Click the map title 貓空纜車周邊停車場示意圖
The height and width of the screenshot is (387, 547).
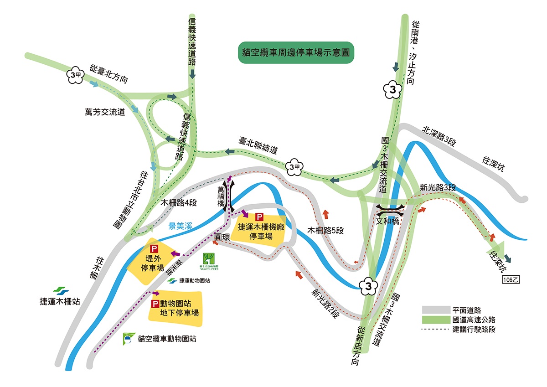(x=296, y=53)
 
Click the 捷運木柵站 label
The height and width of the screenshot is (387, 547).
(x=60, y=301)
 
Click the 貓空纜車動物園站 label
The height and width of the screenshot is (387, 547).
(x=166, y=339)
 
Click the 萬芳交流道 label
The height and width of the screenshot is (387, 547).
(x=105, y=111)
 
